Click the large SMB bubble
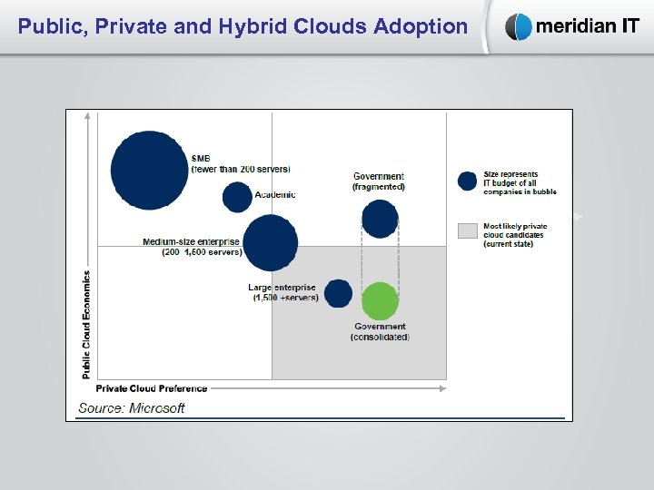tap(149, 171)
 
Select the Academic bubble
tap(237, 197)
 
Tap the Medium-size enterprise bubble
tap(270, 243)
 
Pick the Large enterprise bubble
tap(338, 293)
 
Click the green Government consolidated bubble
tap(380, 301)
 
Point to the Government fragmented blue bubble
tap(380, 219)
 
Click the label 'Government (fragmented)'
tap(379, 181)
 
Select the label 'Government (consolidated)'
tap(380, 331)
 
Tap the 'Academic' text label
tap(275, 194)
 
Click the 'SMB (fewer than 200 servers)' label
tap(241, 164)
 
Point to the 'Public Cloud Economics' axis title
tap(87, 324)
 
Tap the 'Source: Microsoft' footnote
tap(132, 407)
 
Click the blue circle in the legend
tap(468, 181)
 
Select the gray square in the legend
tap(468, 230)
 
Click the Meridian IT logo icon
tap(519, 27)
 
